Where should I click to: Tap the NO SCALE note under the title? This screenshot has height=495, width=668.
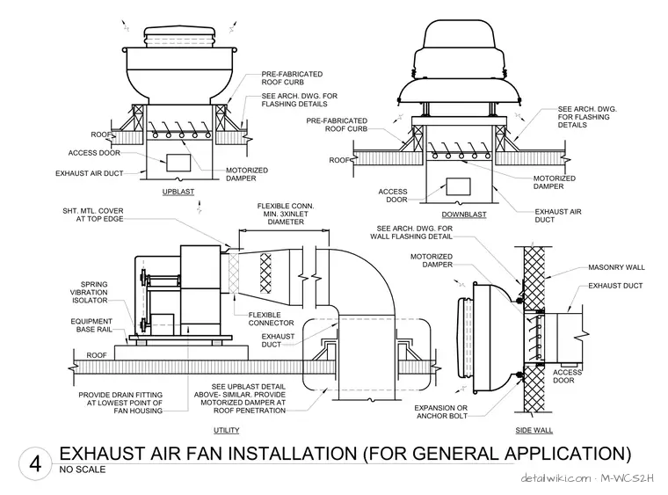coord(83,470)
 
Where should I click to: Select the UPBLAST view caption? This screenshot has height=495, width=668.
coord(178,192)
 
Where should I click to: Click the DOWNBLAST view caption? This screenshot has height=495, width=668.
coord(464,215)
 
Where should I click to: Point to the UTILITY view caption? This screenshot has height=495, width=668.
coord(226,430)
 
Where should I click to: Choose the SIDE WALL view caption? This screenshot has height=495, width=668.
coord(534,430)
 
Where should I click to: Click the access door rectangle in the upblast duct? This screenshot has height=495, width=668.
coord(178,163)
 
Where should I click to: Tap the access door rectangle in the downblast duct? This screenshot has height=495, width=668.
coord(459,186)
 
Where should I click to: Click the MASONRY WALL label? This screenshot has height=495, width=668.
coord(616,267)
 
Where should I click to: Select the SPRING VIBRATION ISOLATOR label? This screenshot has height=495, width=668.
coord(90,292)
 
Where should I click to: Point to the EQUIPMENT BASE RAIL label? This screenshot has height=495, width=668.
coord(91,325)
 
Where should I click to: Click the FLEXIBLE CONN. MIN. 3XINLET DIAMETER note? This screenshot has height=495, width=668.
coord(286,214)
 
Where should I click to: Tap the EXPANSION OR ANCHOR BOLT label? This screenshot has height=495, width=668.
coord(441,412)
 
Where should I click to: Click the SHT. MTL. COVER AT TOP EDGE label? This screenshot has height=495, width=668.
coord(93,215)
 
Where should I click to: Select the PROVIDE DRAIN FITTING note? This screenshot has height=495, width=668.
coord(120,403)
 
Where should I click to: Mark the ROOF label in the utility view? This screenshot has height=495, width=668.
coord(97,355)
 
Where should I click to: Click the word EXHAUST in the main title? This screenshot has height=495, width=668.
coord(102,454)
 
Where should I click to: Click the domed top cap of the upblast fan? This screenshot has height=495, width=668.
coord(179,33)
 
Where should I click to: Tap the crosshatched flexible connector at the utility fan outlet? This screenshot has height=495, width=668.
coord(234,273)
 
